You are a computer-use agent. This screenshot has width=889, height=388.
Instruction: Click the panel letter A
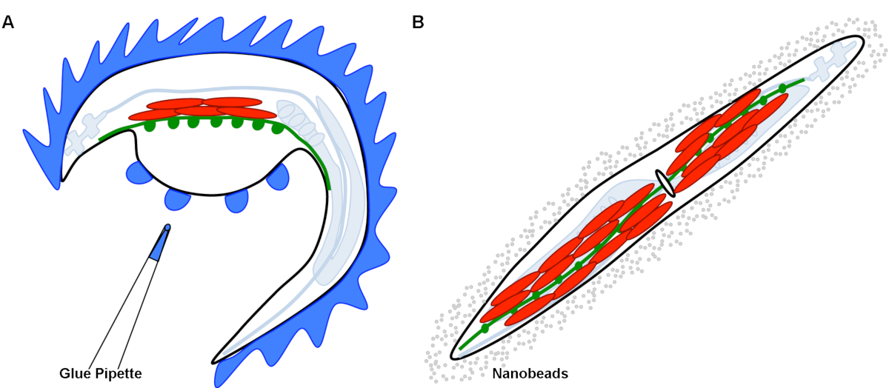click(x=8, y=22)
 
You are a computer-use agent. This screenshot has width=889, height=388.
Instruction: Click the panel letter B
click(x=418, y=22)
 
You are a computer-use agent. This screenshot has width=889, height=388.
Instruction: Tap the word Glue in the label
click(x=74, y=373)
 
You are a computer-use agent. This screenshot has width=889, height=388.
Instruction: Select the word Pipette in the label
click(x=117, y=373)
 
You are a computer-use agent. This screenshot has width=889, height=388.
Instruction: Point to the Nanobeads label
click(x=530, y=374)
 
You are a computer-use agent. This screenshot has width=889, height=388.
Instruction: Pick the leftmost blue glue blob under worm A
click(x=139, y=174)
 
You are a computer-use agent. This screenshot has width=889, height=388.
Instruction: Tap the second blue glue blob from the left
click(x=179, y=198)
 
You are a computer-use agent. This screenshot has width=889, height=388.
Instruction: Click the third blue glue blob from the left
click(x=236, y=199)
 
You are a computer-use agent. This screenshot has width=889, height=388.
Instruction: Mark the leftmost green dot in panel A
click(x=150, y=126)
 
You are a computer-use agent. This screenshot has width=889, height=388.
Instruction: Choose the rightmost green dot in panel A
click(x=277, y=128)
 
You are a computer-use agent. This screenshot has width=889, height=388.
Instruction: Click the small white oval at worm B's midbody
click(x=665, y=183)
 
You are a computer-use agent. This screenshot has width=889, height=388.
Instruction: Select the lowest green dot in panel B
click(x=485, y=327)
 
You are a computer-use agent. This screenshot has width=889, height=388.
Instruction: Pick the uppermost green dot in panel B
click(x=782, y=88)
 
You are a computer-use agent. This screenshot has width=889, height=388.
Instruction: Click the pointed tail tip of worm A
click(x=215, y=361)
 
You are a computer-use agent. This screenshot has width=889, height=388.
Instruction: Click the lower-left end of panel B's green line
click(x=461, y=347)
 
